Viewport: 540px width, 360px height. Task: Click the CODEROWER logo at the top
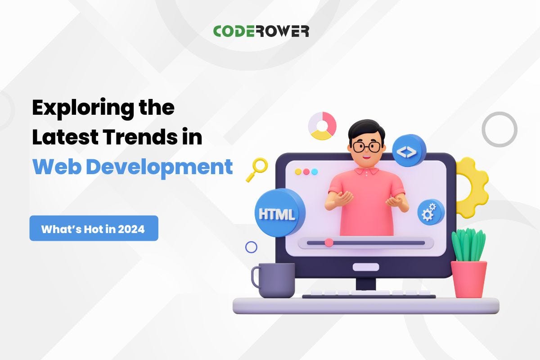point(261,31)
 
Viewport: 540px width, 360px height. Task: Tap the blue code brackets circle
point(409,150)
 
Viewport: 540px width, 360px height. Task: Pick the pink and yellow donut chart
point(322,126)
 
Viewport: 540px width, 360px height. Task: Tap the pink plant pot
point(469,279)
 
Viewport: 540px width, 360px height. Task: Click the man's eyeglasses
point(367,146)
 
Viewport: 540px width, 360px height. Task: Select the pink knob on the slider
point(329,243)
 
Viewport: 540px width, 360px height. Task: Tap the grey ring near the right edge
point(499,129)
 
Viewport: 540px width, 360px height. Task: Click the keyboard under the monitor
point(369,295)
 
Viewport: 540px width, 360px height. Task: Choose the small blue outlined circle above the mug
point(251,247)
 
